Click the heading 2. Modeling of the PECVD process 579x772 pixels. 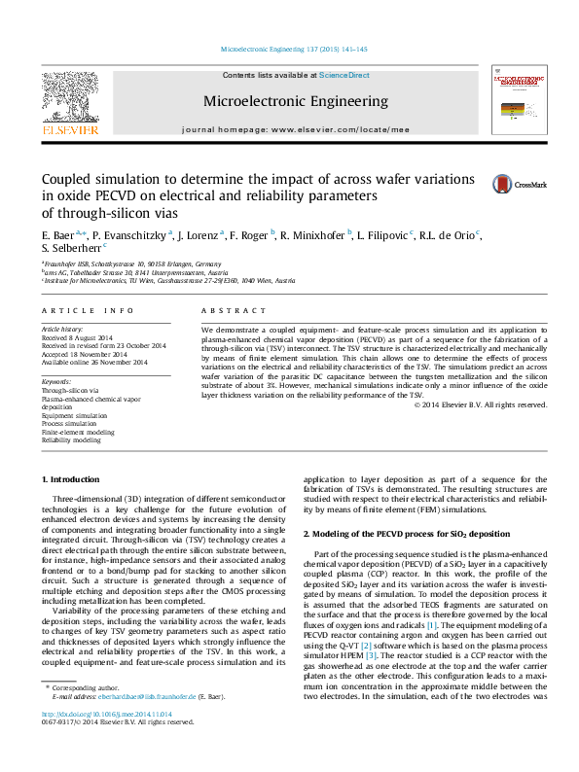click(x=406, y=535)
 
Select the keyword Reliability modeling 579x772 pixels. click(x=71, y=439)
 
